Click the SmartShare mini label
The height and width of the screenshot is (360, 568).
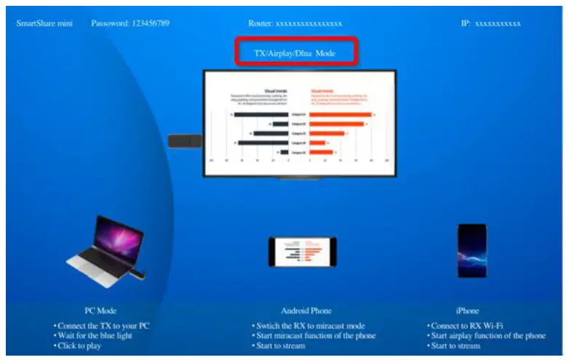click(44, 23)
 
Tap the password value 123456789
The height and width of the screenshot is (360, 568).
click(151, 23)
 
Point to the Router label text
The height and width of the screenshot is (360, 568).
click(260, 23)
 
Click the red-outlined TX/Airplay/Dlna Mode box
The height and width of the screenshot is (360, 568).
click(297, 52)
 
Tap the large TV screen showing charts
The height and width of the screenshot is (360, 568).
click(299, 124)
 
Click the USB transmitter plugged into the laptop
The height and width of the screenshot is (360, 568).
click(137, 274)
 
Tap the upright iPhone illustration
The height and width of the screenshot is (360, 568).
click(471, 250)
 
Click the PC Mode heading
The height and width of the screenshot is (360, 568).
click(100, 311)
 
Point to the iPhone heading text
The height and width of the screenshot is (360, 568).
click(468, 311)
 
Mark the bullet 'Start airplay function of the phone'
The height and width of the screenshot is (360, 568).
click(488, 335)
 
